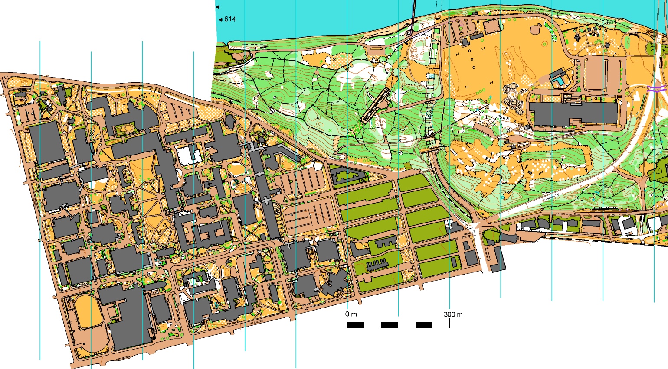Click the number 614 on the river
pyautogui.click(x=230, y=19)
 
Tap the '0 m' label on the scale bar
pyautogui.click(x=351, y=314)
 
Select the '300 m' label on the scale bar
pyautogui.click(x=453, y=314)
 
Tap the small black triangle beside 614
pyautogui.click(x=221, y=19)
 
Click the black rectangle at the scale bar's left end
pyautogui.click(x=355, y=325)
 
